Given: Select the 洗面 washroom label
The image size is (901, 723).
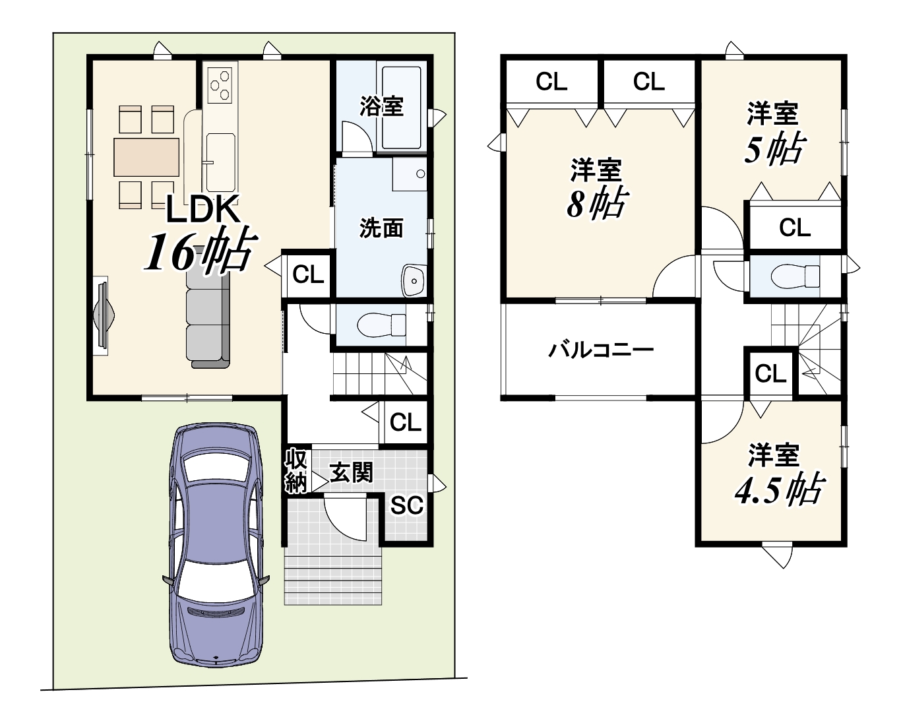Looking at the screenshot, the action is click(381, 228).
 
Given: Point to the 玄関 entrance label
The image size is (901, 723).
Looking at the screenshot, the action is click(351, 473).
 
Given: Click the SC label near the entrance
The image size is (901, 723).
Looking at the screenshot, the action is click(406, 505).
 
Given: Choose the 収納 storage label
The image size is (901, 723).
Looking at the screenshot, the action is click(296, 471).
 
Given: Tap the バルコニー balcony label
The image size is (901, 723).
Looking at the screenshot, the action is click(601, 350).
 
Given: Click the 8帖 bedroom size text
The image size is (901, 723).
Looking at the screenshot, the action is click(597, 204).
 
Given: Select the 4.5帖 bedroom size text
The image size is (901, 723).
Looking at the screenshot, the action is click(780, 488).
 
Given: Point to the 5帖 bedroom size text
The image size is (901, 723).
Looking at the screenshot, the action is click(774, 148).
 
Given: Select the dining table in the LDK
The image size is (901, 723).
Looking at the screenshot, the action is click(146, 157).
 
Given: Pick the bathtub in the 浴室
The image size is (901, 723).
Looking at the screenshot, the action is click(401, 108).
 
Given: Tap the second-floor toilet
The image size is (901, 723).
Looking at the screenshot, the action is click(795, 276).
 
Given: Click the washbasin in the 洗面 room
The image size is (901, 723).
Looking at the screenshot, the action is click(414, 280).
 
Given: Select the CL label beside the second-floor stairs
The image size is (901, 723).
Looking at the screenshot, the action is click(770, 373).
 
